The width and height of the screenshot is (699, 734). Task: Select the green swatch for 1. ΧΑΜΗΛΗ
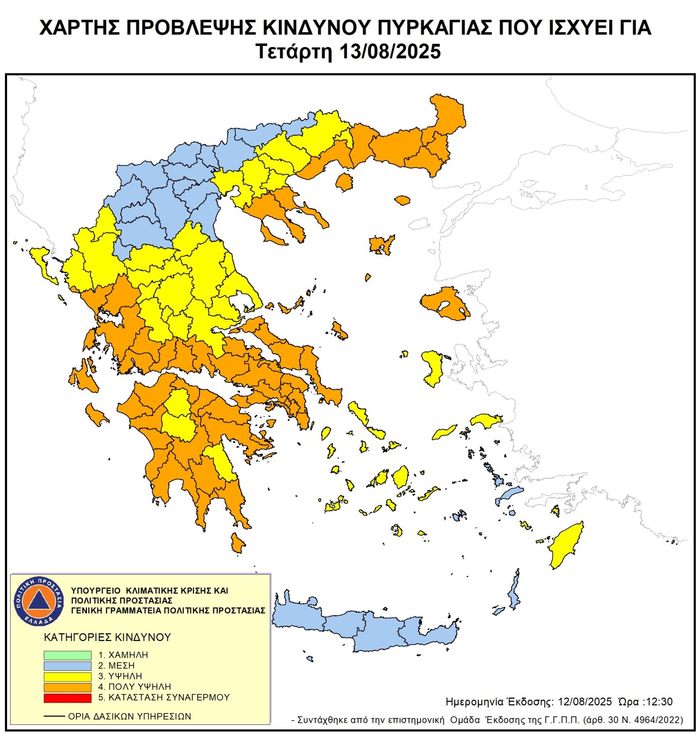tap(67, 655)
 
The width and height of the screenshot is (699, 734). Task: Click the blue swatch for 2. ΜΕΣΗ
tap(67, 665)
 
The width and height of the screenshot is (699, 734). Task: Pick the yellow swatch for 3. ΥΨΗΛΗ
tap(67, 676)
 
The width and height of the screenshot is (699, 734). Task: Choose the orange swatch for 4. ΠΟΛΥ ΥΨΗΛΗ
tap(67, 687)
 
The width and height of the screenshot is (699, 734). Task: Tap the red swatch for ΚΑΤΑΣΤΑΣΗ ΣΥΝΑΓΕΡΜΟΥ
tap(67, 698)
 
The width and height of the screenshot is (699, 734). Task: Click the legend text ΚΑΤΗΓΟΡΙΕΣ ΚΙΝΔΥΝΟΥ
tap(108, 637)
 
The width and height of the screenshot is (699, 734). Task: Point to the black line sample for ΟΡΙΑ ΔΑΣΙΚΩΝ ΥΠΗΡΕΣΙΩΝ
tap(54, 716)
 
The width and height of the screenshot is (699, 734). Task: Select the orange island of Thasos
tap(344, 182)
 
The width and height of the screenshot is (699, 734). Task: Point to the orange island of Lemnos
tap(381, 245)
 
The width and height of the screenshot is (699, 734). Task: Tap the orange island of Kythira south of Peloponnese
tap(237, 543)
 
